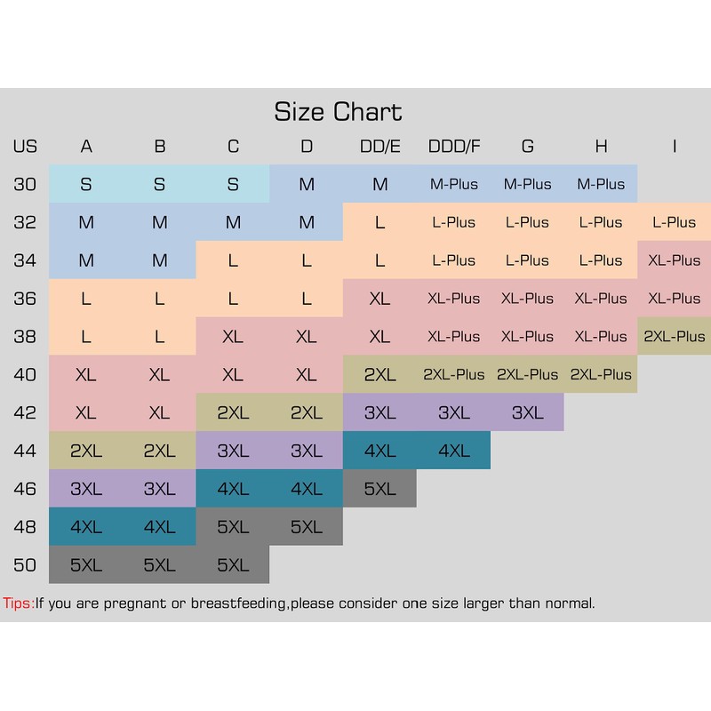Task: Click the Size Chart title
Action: coord(338,112)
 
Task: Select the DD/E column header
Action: coord(379,147)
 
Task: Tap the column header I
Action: coord(674,147)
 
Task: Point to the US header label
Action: coord(25,147)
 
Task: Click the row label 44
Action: coord(25,451)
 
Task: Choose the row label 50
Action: coord(25,564)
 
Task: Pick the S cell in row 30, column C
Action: coord(233,185)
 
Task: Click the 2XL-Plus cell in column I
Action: coord(674,336)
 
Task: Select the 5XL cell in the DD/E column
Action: coord(379,489)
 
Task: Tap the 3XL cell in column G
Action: coord(527,412)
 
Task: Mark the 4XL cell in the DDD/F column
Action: coord(453,451)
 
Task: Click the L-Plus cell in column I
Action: coord(674,222)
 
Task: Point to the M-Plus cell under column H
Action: coord(601,185)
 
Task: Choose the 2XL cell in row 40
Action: coord(379,374)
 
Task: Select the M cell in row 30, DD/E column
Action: coord(379,185)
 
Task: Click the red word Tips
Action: coord(18,603)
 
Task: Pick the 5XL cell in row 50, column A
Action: coord(86,564)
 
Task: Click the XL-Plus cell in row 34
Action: coord(674,260)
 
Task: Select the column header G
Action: coord(527,147)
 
